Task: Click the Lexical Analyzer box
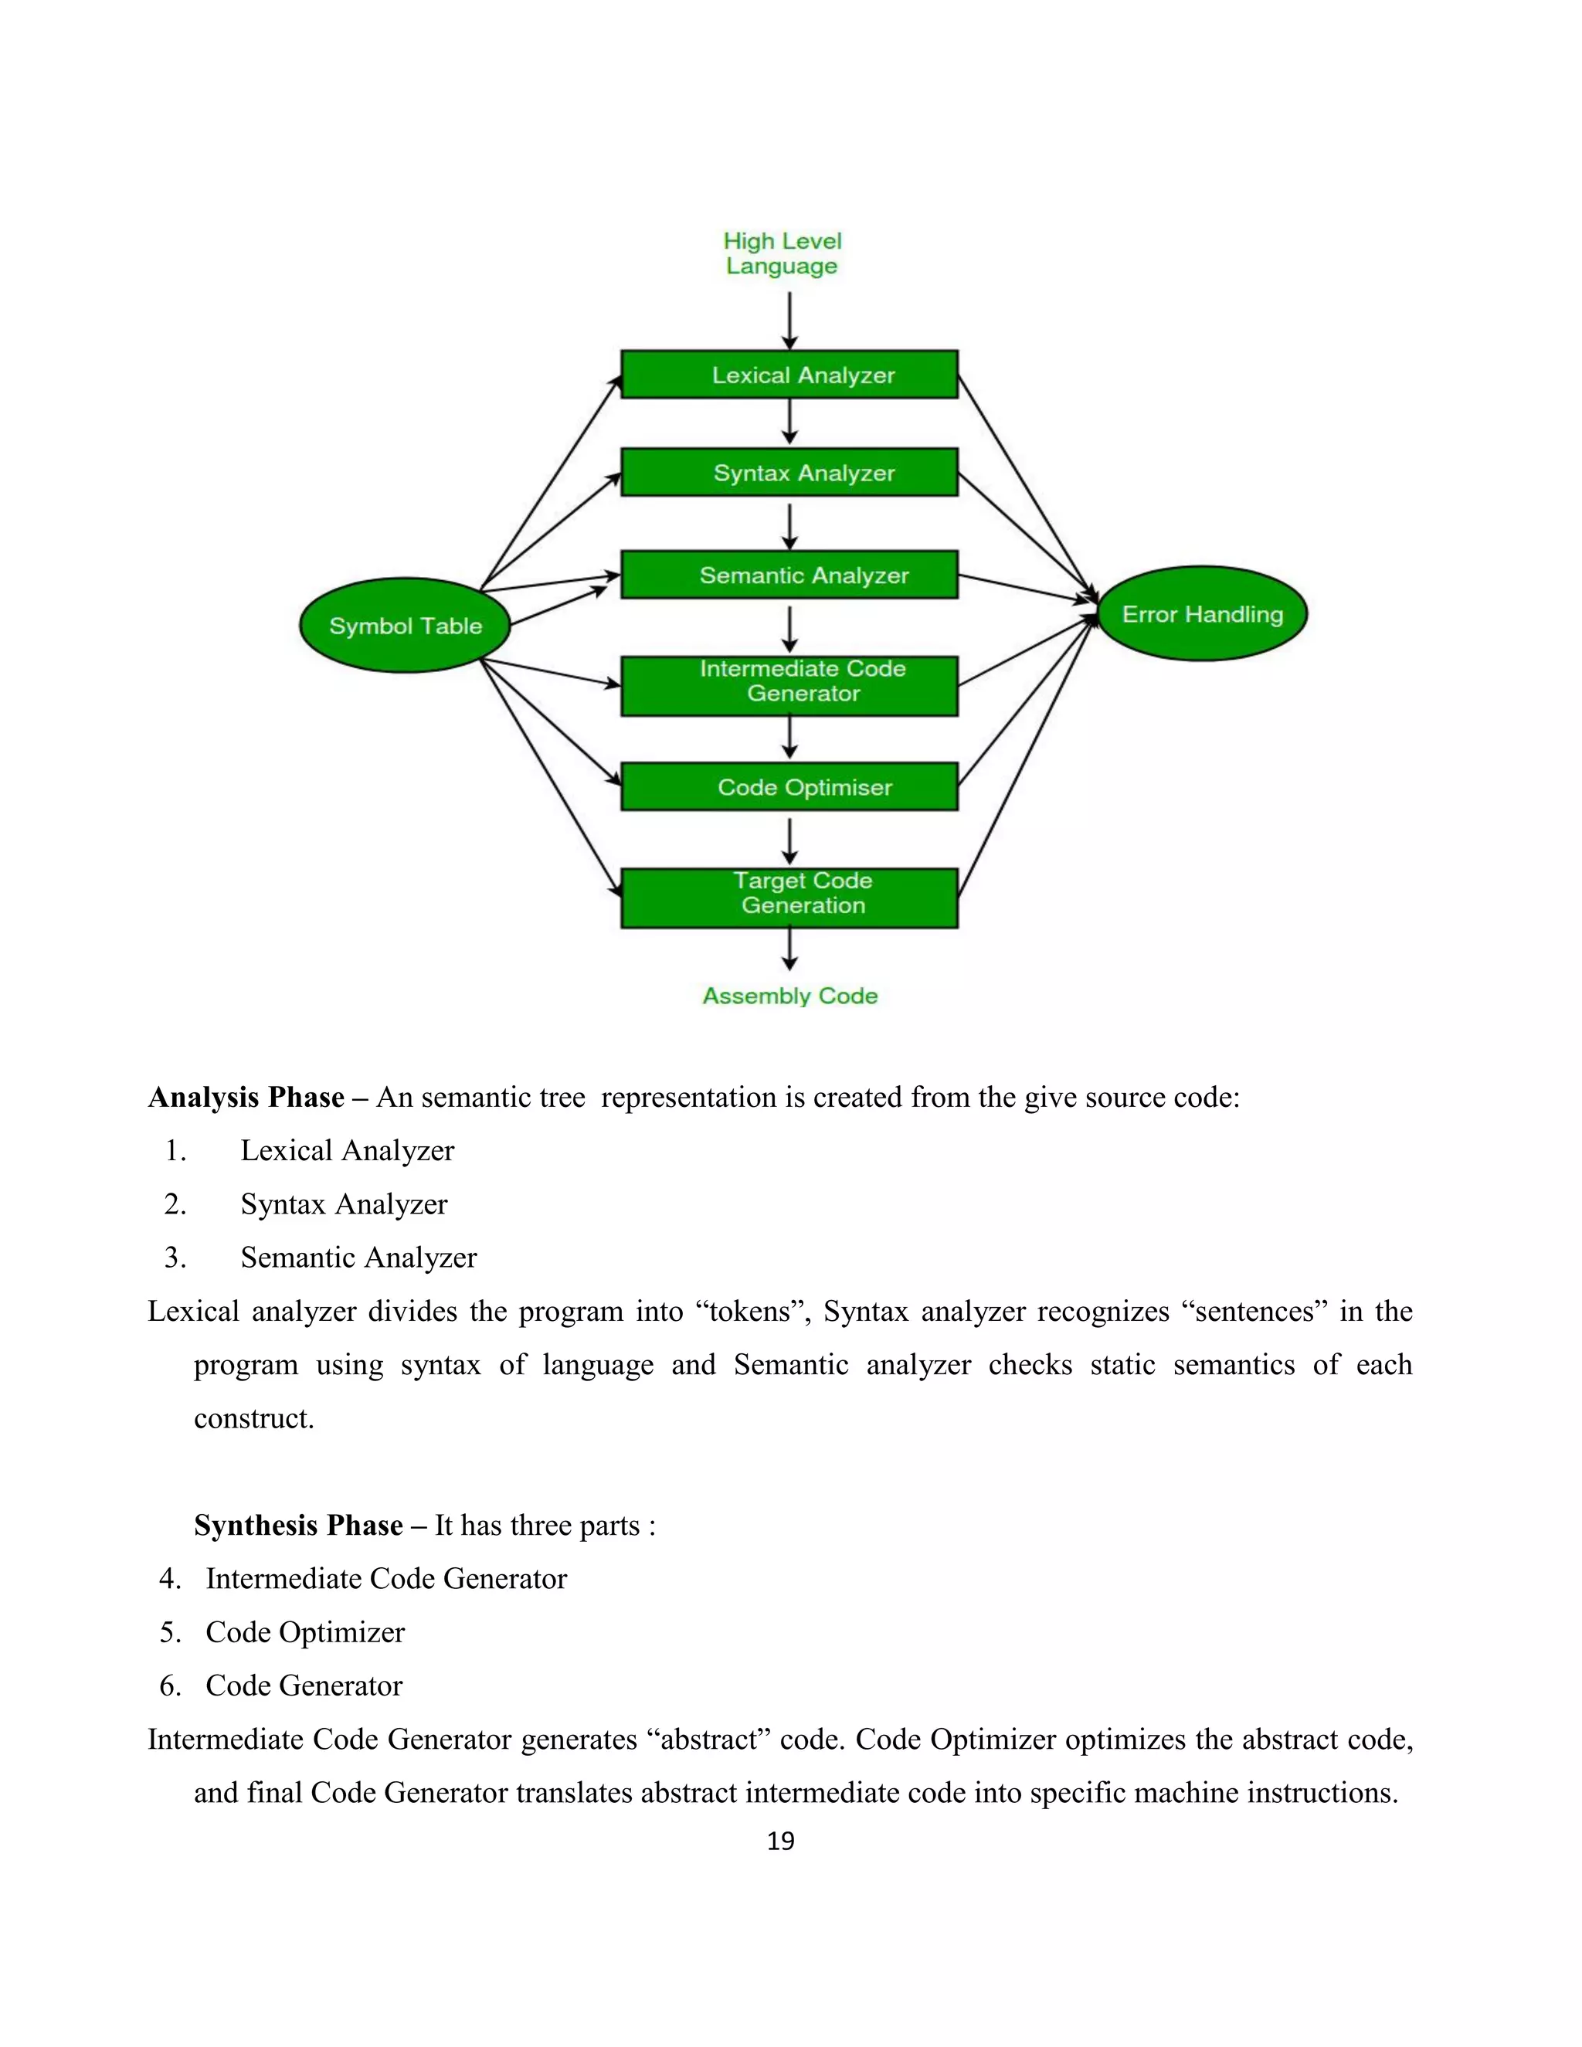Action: pyautogui.click(x=789, y=375)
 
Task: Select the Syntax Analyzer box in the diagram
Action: pyautogui.click(x=789, y=473)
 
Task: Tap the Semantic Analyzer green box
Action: pyautogui.click(x=789, y=575)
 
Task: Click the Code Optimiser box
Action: pyautogui.click(x=789, y=786)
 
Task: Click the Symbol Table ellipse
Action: pyautogui.click(x=405, y=625)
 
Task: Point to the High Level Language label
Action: pyautogui.click(x=783, y=253)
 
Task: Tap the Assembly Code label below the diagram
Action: pyautogui.click(x=790, y=996)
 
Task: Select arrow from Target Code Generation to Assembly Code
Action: pyautogui.click(x=790, y=949)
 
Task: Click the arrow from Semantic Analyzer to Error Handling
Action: pyautogui.click(x=1027, y=588)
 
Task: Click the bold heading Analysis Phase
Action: pyautogui.click(x=246, y=1098)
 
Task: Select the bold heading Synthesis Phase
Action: pyautogui.click(x=299, y=1526)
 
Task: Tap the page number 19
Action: pyautogui.click(x=781, y=1841)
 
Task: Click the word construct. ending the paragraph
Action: pyautogui.click(x=254, y=1419)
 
